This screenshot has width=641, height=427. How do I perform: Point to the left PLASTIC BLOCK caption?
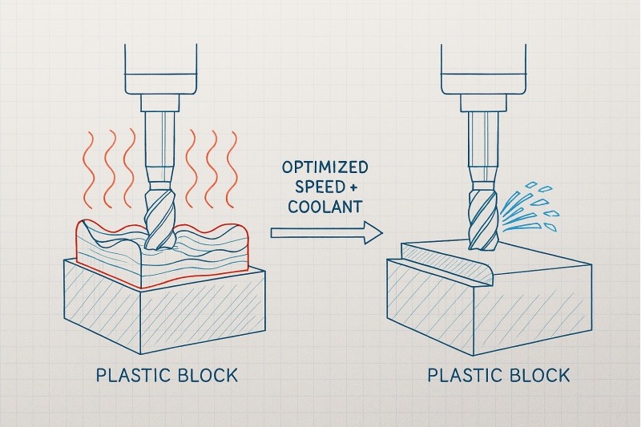tap(167, 375)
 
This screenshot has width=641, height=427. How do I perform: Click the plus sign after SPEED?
tap(352, 187)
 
